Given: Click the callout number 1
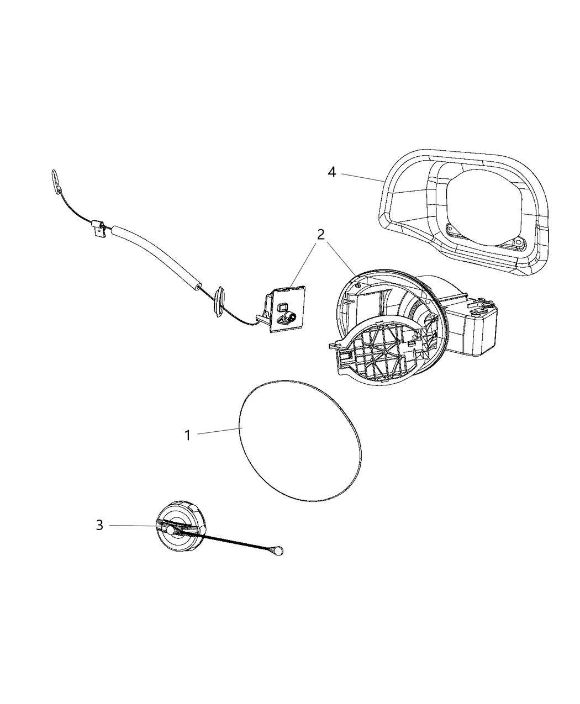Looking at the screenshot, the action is point(188,435).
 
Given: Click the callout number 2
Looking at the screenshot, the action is point(320,235).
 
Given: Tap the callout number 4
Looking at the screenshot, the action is point(332,172).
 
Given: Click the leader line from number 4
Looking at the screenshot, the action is point(362,177).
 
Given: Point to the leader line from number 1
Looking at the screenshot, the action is point(220,431).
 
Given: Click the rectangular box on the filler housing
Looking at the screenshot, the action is point(471,325).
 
